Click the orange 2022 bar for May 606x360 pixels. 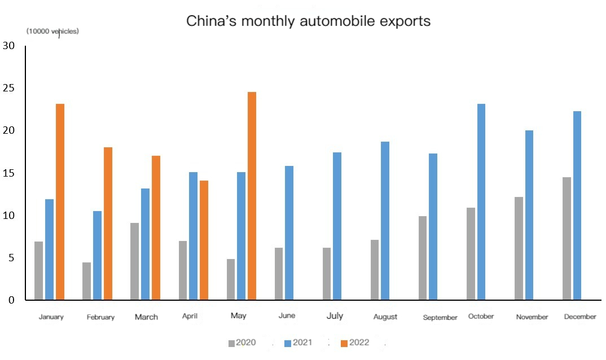pyautogui.click(x=252, y=196)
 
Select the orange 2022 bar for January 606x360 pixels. pyautogui.click(x=60, y=201)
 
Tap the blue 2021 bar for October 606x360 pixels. pyautogui.click(x=481, y=201)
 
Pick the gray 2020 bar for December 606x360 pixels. pyautogui.click(x=567, y=238)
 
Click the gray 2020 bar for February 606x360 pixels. pyautogui.click(x=86, y=281)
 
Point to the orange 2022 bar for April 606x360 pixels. pyautogui.click(x=204, y=240)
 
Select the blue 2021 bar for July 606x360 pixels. pyautogui.click(x=337, y=226)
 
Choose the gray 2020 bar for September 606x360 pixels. pyautogui.click(x=423, y=258)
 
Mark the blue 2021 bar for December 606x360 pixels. pyautogui.click(x=577, y=205)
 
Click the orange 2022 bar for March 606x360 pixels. pyautogui.click(x=156, y=227)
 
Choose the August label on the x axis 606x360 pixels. pyautogui.click(x=385, y=317)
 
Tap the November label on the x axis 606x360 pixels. pyautogui.click(x=532, y=317)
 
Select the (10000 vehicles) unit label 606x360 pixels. pyautogui.click(x=52, y=32)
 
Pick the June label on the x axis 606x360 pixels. pyautogui.click(x=287, y=316)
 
